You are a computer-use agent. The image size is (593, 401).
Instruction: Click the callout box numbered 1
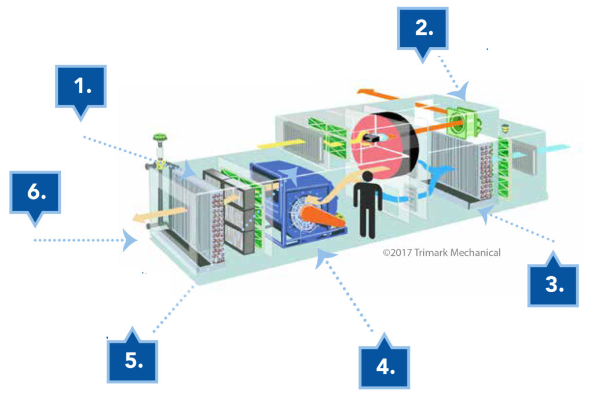pyautogui.click(x=81, y=86)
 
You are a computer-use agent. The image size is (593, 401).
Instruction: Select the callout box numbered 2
pyautogui.click(x=423, y=30)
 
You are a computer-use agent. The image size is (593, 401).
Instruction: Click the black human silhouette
pyautogui.click(x=367, y=203)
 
